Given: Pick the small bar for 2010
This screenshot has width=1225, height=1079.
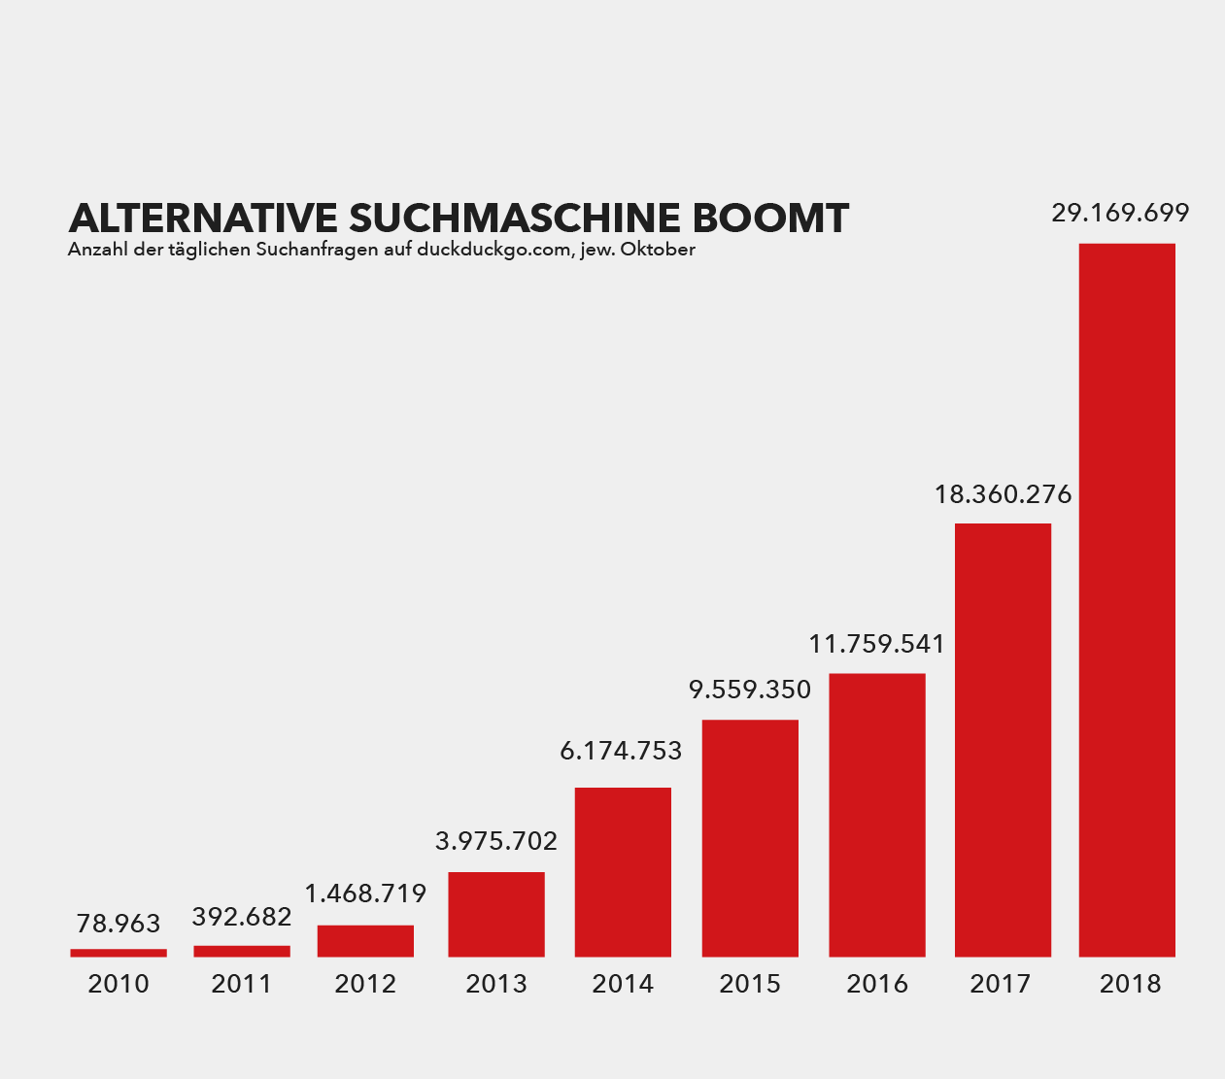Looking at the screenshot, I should pyautogui.click(x=119, y=953).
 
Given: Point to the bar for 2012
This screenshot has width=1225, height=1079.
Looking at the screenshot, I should pyautogui.click(x=365, y=941).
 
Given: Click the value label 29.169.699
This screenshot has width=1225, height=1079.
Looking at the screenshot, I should pyautogui.click(x=1120, y=213).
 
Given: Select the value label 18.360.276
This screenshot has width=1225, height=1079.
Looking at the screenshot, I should pyautogui.click(x=1003, y=494).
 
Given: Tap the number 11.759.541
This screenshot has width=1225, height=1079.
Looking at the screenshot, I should pyautogui.click(x=876, y=644).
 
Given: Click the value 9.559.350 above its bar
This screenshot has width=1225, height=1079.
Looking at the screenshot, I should pyautogui.click(x=750, y=690).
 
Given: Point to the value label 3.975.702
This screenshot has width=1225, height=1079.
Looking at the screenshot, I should pyautogui.click(x=496, y=841).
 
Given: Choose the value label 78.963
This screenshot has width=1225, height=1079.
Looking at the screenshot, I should pyautogui.click(x=119, y=924).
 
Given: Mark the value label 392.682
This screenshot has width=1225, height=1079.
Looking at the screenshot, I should pyautogui.click(x=242, y=916).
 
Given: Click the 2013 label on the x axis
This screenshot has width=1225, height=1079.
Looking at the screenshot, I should pyautogui.click(x=496, y=984).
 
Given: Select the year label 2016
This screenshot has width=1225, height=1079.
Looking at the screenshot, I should pyautogui.click(x=876, y=984).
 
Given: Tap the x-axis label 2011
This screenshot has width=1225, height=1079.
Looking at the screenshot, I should pyautogui.click(x=242, y=984).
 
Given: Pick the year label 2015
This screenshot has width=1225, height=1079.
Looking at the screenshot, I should pyautogui.click(x=750, y=984).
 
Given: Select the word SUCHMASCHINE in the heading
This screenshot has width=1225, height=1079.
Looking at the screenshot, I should pyautogui.click(x=516, y=219).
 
